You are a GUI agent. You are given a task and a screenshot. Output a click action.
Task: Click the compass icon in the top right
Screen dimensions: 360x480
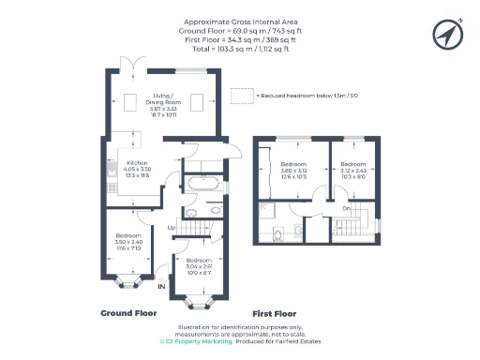click(x=448, y=34)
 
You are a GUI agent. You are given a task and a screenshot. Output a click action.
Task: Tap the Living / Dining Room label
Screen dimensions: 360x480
click(x=170, y=103)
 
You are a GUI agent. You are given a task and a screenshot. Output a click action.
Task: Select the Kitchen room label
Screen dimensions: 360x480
click(x=138, y=168)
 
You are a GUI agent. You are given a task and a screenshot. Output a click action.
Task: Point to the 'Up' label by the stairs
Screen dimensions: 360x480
click(x=172, y=228)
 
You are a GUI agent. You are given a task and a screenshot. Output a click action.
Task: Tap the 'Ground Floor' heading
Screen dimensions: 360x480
click(x=127, y=312)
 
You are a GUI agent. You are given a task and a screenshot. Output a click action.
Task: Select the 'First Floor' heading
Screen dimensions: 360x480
click(x=274, y=312)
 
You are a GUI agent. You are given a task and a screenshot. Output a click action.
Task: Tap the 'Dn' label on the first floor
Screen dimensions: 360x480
click(x=346, y=207)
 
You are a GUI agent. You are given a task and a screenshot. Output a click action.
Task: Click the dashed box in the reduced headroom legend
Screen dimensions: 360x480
click(x=243, y=95)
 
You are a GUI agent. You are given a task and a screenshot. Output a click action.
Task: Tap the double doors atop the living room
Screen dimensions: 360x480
click(x=137, y=66)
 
